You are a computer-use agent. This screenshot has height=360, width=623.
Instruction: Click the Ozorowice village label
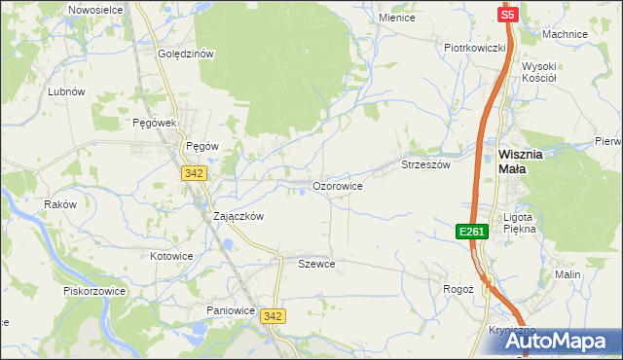tap(338, 185)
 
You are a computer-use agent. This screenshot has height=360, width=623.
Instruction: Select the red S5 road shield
tap(507, 15)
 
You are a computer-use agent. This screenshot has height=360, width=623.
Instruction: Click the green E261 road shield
tap(471, 231)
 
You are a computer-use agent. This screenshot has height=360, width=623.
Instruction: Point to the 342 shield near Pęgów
tap(193, 172)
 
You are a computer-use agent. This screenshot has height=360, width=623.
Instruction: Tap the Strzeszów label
tap(426, 165)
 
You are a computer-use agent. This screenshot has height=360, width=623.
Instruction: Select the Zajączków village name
tap(238, 217)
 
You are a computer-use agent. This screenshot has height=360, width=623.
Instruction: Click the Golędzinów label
tap(185, 54)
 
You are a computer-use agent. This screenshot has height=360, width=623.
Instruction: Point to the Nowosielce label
tap(94, 9)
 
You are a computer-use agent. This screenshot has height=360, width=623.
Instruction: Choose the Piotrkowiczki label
tap(474, 48)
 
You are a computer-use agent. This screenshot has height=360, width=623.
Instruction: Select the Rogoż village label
tap(458, 289)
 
